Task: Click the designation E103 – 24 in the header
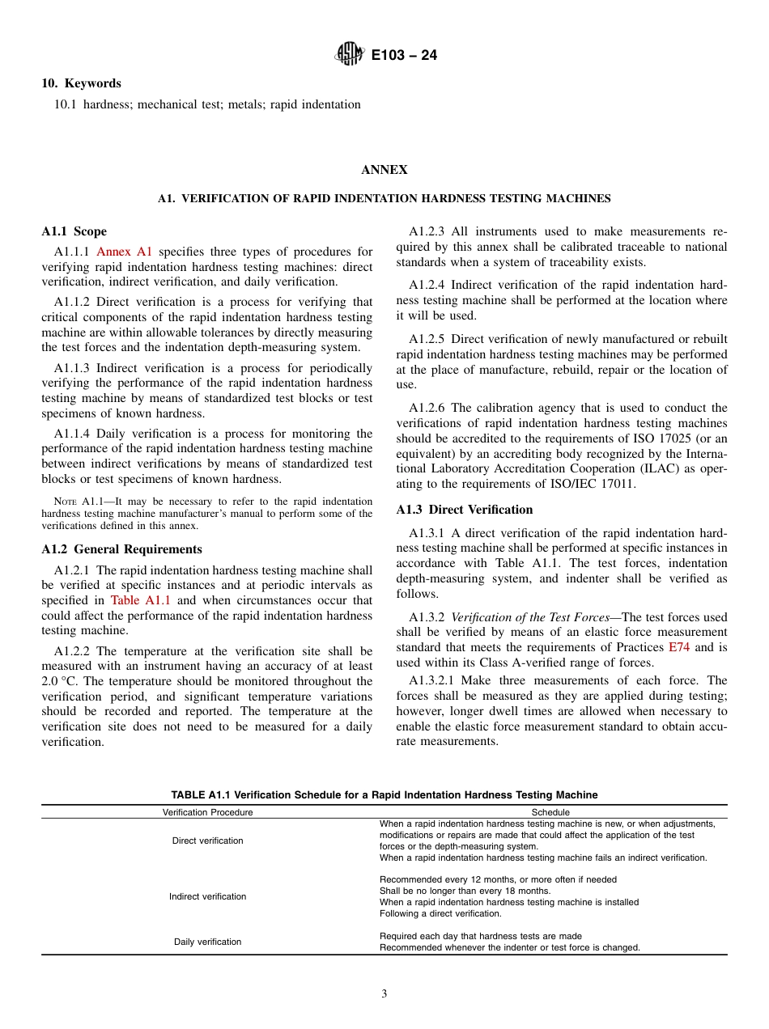(403, 56)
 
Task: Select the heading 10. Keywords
(82, 83)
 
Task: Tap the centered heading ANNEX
(384, 170)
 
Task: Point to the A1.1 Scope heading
(74, 231)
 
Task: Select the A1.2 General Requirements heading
(122, 549)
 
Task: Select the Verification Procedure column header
(207, 812)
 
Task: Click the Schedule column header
(550, 812)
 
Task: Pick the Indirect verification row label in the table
(207, 896)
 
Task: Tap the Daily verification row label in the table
(207, 942)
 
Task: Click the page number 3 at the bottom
(384, 994)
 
